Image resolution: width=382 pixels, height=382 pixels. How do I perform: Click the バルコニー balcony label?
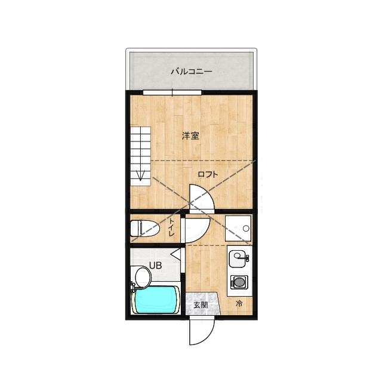(191, 72)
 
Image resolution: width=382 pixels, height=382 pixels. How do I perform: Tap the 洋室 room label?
(190, 135)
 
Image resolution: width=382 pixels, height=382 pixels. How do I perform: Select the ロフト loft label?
(208, 174)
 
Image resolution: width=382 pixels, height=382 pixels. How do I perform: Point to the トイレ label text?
(171, 227)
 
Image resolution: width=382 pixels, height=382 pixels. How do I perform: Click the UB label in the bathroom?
(155, 265)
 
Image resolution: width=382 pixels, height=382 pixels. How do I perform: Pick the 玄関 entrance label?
(201, 305)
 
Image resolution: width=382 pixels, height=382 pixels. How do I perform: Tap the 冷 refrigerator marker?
(239, 304)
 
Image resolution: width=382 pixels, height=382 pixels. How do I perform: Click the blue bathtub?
(155, 300)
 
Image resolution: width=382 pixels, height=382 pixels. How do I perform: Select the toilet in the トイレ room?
(144, 228)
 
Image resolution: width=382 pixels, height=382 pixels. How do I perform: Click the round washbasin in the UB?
(143, 277)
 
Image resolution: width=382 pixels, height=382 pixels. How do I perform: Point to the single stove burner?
(239, 282)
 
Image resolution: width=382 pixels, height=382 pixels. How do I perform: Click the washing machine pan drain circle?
(246, 229)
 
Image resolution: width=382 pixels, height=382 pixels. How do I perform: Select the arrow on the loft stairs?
(141, 175)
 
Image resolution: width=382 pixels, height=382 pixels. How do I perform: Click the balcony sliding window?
(172, 93)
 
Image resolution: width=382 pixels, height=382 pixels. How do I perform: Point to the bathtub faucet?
(133, 288)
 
